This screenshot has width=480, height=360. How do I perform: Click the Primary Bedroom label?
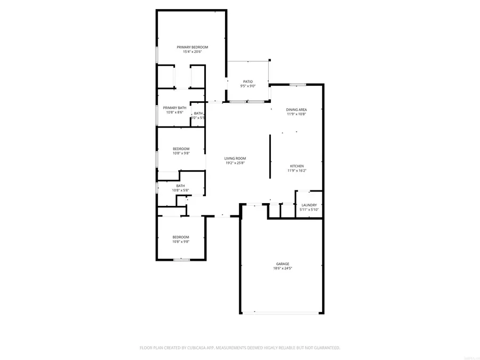point(193,47)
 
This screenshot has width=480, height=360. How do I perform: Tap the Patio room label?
point(248,82)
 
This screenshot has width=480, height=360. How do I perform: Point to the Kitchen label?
point(297,166)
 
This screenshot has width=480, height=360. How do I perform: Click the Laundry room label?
point(309,205)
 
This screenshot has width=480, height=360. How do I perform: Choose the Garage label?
point(283,264)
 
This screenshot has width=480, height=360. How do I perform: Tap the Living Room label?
point(235,158)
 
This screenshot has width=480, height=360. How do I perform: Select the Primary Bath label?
point(174,108)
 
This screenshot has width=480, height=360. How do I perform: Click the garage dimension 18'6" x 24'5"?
point(283,268)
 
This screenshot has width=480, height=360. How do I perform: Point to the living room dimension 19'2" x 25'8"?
point(235,163)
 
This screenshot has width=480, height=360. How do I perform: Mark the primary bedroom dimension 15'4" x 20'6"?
point(193,52)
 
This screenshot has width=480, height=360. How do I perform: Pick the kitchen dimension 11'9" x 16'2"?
point(297,171)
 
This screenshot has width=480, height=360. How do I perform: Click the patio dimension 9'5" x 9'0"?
point(248,86)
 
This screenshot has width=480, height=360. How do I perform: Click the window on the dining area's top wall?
point(297,84)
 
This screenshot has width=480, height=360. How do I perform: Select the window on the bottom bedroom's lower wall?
point(181,260)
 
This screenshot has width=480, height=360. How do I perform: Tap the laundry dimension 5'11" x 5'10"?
point(309,210)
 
